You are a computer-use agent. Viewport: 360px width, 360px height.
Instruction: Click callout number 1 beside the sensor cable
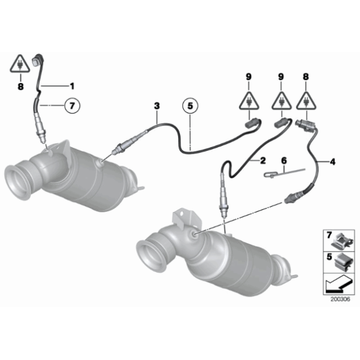(71, 85)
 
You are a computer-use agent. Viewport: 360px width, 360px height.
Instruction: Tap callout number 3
(157, 107)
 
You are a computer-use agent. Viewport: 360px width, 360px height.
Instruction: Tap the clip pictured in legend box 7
(341, 239)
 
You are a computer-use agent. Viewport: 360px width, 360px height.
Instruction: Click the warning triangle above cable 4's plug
(305, 101)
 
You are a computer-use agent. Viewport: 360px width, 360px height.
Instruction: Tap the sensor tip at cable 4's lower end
(289, 199)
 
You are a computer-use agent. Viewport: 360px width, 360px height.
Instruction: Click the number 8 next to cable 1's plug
(20, 87)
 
